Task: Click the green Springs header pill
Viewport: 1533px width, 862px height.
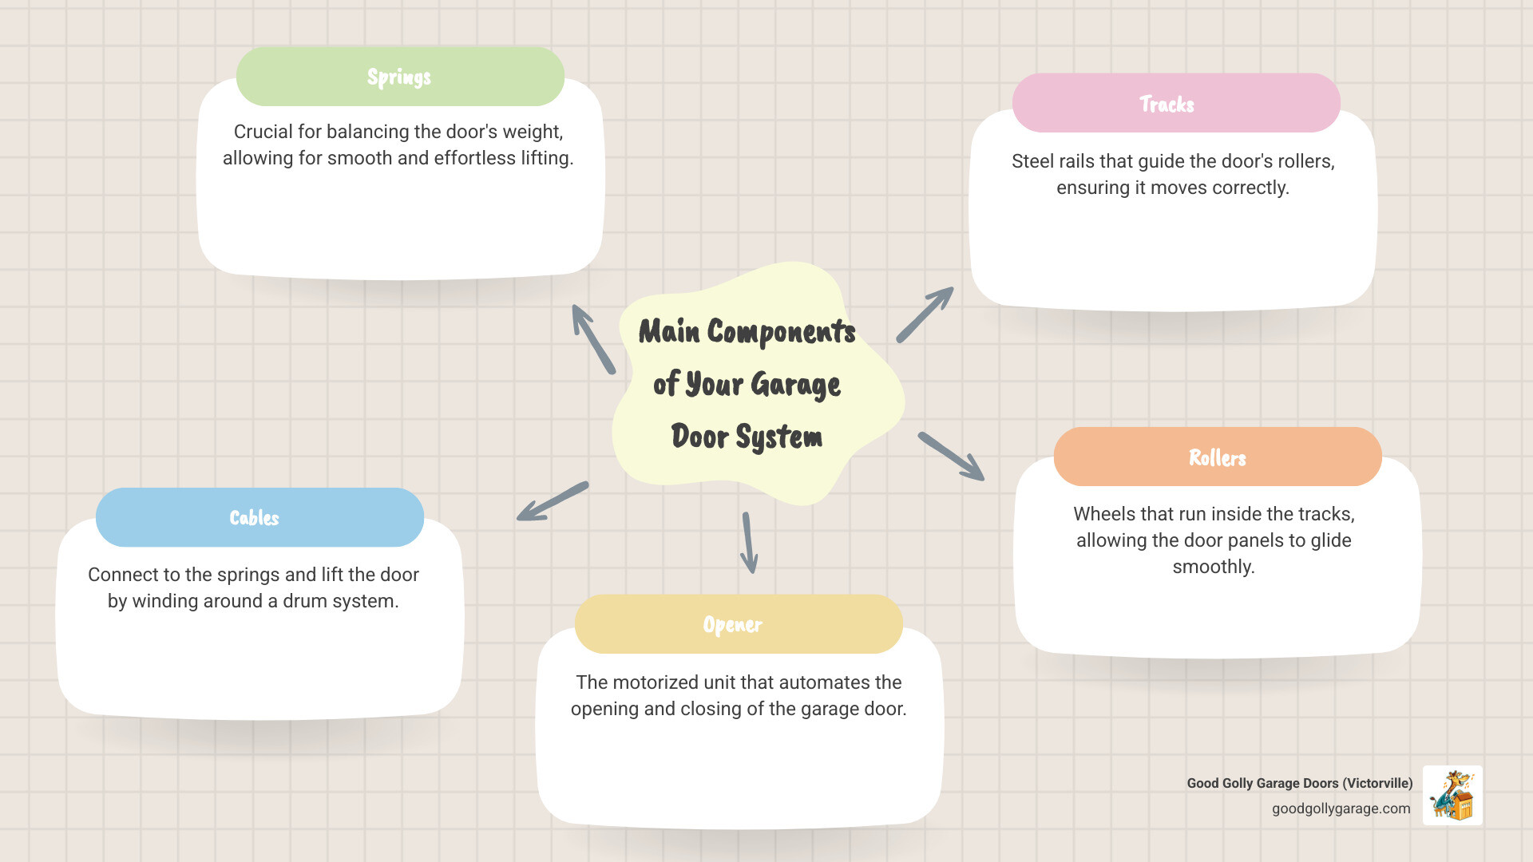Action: pos(400,77)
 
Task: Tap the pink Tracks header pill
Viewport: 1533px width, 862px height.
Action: pos(1175,104)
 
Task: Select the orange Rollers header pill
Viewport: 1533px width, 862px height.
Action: pos(1217,457)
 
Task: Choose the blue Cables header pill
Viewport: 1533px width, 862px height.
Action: pos(259,517)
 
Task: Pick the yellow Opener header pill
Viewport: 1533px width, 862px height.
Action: pos(738,624)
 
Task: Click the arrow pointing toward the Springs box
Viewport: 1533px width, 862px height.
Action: pos(593,339)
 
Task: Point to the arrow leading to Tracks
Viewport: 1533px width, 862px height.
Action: pos(925,314)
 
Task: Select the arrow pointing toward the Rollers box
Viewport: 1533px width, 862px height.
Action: pos(951,457)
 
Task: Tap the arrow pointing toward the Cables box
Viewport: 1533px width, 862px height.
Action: pos(553,501)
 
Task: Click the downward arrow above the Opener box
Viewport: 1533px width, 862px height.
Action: pos(749,543)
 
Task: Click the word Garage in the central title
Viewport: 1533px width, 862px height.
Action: pos(795,385)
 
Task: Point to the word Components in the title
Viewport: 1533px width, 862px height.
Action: pos(781,332)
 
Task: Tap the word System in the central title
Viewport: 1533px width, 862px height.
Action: pos(778,437)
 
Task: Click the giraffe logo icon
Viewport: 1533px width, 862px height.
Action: pos(1452,795)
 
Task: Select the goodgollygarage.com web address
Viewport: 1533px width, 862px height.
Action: pos(1341,809)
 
